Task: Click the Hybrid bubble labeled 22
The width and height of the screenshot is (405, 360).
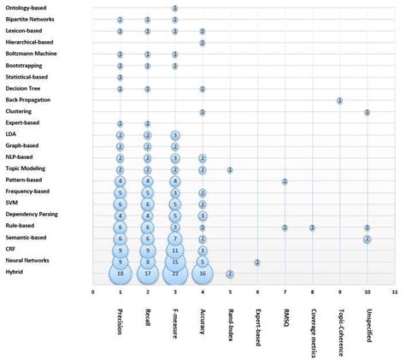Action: (175, 273)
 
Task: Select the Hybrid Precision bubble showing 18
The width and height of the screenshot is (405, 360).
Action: (120, 273)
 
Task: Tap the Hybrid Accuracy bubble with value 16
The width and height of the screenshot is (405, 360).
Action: (202, 273)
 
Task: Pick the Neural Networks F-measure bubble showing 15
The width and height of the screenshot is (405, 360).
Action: (175, 262)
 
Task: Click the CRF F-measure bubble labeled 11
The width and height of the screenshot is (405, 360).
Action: (175, 250)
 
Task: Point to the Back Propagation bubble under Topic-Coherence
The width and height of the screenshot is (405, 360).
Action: (340, 100)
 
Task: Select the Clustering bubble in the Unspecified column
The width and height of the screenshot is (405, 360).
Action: (367, 112)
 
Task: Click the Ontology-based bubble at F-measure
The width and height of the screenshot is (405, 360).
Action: (175, 8)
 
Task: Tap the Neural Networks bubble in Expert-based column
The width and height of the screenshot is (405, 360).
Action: (257, 262)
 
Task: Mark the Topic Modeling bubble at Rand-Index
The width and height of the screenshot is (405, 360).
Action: (230, 169)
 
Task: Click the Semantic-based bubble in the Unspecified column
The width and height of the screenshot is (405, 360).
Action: (367, 239)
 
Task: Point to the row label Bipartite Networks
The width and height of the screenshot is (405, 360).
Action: (30, 19)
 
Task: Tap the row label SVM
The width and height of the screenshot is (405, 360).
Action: (11, 204)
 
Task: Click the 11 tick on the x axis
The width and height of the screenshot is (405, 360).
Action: (394, 292)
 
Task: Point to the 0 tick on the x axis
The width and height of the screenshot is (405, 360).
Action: (93, 292)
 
